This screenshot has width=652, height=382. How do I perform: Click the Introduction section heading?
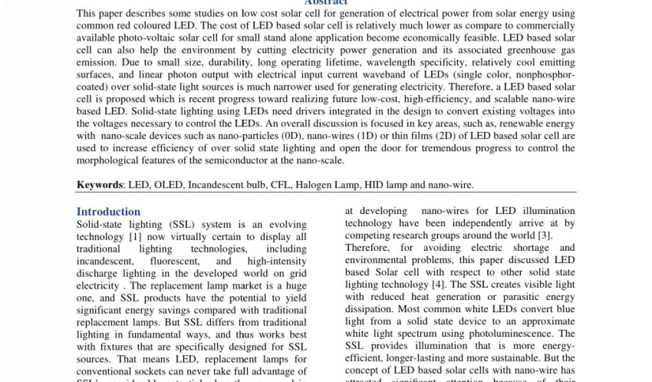pos(108,211)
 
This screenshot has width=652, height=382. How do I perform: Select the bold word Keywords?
pos(100,185)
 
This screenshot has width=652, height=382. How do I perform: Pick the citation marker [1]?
pos(135,236)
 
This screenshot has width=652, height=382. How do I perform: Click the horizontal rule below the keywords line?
pos(326,193)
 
